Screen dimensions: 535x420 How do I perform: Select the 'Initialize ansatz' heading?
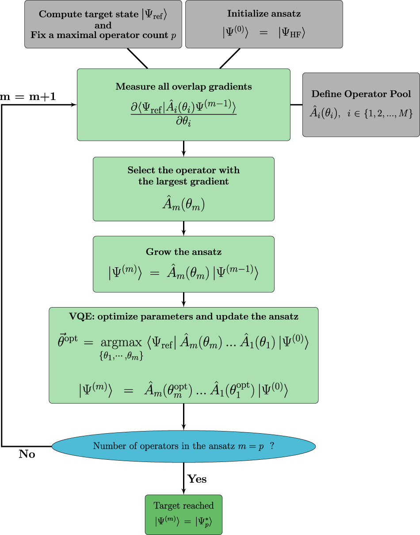pos(264,14)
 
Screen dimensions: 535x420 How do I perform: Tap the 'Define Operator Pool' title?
pos(361,94)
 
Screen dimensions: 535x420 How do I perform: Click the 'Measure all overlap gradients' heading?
pos(183,87)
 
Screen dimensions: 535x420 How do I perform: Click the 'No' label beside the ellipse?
pos(27,454)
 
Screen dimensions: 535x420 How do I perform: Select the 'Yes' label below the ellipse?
pos(197,479)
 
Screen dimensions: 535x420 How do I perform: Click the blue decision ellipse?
pos(183,446)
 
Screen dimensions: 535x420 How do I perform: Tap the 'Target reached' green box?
pos(183,515)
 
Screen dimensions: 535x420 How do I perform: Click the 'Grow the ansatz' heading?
pos(183,252)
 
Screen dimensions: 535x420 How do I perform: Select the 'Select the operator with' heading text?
pos(183,170)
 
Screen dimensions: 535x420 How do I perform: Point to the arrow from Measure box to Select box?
pos(183,149)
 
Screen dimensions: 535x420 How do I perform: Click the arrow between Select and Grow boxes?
pos(183,228)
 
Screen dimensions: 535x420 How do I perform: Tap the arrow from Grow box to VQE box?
pos(183,300)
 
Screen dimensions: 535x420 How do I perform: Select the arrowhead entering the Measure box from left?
pos(74,105)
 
